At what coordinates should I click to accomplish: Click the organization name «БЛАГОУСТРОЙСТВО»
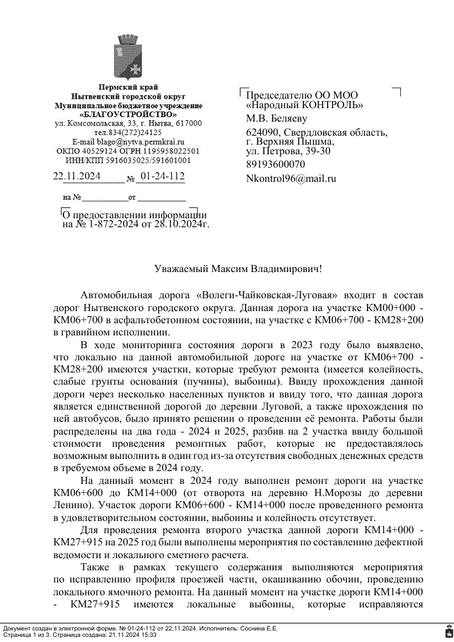[128, 114]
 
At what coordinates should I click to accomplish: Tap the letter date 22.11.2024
[76, 176]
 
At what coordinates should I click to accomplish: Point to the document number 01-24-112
[162, 176]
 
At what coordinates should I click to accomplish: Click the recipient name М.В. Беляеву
[277, 118]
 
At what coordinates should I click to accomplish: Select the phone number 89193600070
[276, 165]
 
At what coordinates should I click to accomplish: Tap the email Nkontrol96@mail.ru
[291, 179]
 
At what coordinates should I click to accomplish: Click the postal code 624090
[262, 132]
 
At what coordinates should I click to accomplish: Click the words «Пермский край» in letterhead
[128, 86]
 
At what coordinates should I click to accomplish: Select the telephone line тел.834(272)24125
[128, 132]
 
